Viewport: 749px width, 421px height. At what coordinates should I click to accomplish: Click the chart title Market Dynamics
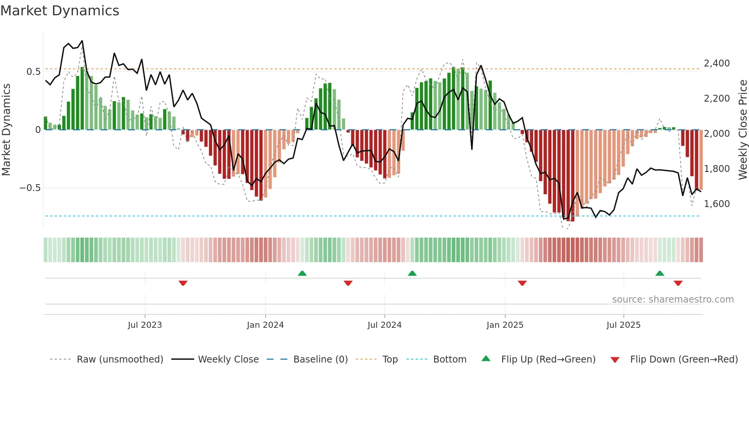click(60, 11)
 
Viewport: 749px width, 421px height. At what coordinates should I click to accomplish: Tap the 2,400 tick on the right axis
click(717, 63)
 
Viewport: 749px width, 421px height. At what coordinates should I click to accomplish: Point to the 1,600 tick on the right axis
click(717, 204)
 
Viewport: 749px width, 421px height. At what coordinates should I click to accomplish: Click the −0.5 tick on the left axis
click(30, 188)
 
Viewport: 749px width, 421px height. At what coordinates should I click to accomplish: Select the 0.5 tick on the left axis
click(33, 72)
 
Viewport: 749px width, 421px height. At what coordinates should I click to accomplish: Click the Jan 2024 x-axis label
click(265, 325)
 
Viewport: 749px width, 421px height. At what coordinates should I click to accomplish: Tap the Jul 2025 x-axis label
click(623, 325)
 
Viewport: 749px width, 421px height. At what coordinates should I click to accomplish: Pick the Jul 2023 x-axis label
click(145, 325)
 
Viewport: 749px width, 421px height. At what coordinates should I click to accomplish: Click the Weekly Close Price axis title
click(743, 130)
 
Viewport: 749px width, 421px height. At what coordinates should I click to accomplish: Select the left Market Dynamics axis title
click(6, 130)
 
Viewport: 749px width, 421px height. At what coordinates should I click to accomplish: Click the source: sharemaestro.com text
click(673, 300)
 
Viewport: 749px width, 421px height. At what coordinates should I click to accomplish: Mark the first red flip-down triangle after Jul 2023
click(183, 283)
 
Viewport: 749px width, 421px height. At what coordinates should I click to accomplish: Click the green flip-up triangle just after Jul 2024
click(412, 273)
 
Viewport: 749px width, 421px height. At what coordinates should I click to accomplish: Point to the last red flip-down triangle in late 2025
click(678, 283)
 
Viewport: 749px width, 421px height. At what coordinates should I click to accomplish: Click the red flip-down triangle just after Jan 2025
click(522, 283)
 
